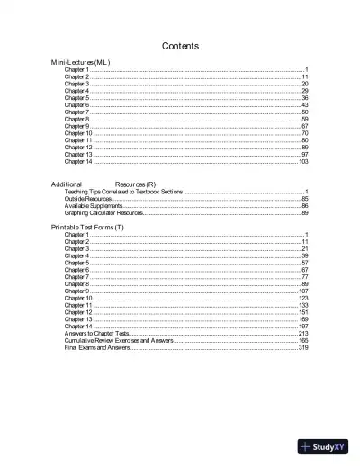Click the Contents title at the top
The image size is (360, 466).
click(180, 46)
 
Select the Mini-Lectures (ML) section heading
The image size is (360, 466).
click(80, 62)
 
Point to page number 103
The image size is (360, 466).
click(303, 161)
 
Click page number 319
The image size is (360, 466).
click(303, 347)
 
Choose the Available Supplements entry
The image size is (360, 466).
click(94, 206)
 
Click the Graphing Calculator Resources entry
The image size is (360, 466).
click(103, 213)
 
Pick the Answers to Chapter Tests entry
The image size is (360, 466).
click(98, 333)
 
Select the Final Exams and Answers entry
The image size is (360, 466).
click(97, 347)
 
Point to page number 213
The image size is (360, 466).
click(303, 333)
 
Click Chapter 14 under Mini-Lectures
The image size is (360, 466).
click(77, 161)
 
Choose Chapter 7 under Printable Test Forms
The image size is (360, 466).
click(76, 277)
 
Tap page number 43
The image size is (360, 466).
click(305, 105)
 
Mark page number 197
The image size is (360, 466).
click(303, 326)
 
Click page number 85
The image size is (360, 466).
click(305, 199)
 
